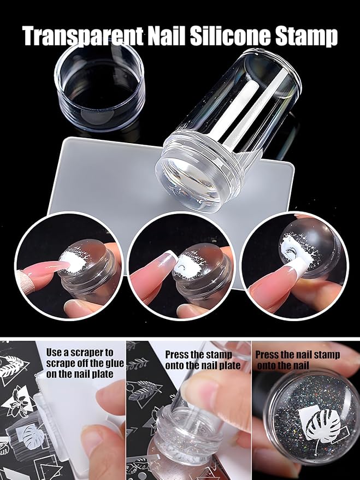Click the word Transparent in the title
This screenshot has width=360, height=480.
[83, 36]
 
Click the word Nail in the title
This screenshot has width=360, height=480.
[167, 35]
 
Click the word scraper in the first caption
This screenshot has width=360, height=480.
[96, 353]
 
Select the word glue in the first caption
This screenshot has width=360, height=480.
[113, 364]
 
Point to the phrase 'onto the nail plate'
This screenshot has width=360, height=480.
[203, 365]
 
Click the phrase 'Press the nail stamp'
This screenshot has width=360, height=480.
[298, 354]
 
